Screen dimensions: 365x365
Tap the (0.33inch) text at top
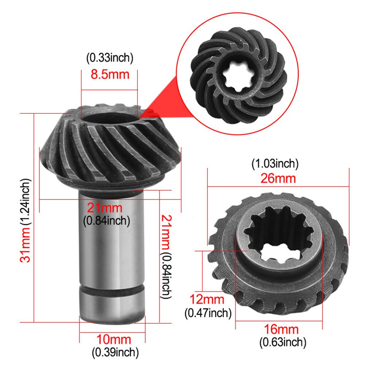tap(110, 58)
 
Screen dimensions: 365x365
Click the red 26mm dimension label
tap(278, 179)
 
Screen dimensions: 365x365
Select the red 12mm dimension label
tap(207, 300)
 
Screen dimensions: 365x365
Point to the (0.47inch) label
tap(208, 312)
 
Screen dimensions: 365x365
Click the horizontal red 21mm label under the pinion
tap(105, 209)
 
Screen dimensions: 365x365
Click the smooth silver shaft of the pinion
tap(111, 241)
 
